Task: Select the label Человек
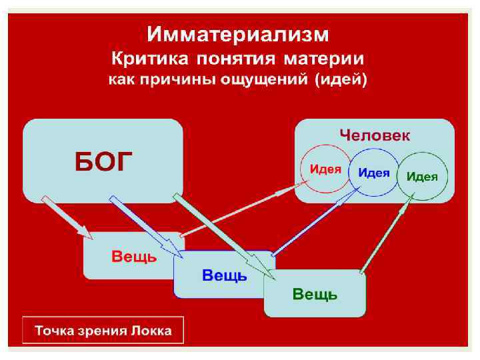click(x=375, y=135)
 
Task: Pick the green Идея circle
click(x=423, y=177)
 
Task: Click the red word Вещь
click(x=134, y=257)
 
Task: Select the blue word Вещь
click(x=224, y=275)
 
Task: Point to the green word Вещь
click(x=315, y=294)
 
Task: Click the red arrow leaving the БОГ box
click(x=67, y=217)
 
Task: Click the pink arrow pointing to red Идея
click(x=240, y=211)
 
